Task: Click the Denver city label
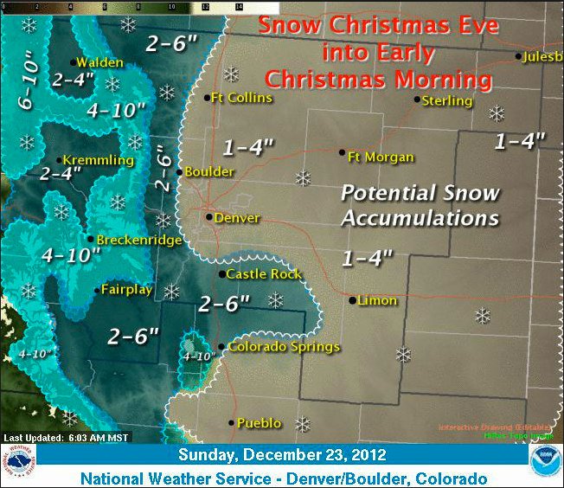click(236, 218)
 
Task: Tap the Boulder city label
click(210, 172)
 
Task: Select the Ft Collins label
click(242, 98)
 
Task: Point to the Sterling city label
click(447, 101)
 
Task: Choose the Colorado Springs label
click(284, 348)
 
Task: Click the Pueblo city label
click(259, 423)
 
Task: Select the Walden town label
click(99, 62)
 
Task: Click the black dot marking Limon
click(352, 301)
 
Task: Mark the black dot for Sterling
click(416, 99)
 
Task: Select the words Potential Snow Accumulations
click(420, 205)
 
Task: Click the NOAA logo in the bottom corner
click(545, 459)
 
